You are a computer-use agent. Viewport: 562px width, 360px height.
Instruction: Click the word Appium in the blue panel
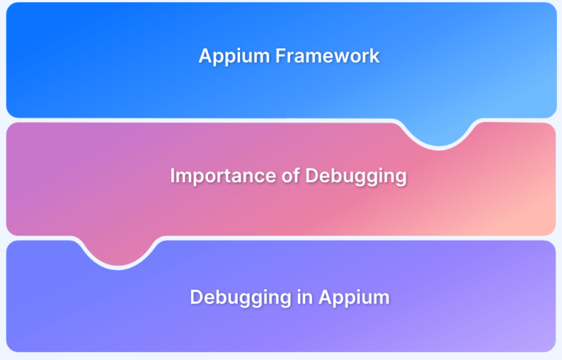coord(234,56)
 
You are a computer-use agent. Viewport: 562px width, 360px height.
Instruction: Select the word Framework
coord(328,56)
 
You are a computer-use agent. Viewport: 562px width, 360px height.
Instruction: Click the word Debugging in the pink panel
coord(356,177)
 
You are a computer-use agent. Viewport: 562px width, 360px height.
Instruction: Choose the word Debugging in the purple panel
coord(241,298)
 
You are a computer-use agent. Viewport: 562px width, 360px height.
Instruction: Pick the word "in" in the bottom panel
coord(305,297)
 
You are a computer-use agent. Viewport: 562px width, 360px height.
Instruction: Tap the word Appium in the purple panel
coord(354,298)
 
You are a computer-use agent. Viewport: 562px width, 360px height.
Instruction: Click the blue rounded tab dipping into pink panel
coord(439,133)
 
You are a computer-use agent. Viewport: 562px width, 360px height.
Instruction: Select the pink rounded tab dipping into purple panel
coord(118,252)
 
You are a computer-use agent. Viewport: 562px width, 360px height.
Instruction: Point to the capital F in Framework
coord(281,56)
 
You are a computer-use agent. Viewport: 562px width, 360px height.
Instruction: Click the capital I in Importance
coord(173,176)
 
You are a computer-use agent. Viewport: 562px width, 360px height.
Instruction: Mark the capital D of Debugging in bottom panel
coord(197,297)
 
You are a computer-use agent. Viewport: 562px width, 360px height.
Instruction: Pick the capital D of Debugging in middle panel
coord(312,176)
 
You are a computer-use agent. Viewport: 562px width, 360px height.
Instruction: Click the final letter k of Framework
coord(375,56)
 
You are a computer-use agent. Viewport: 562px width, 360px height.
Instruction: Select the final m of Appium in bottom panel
coord(381,300)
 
